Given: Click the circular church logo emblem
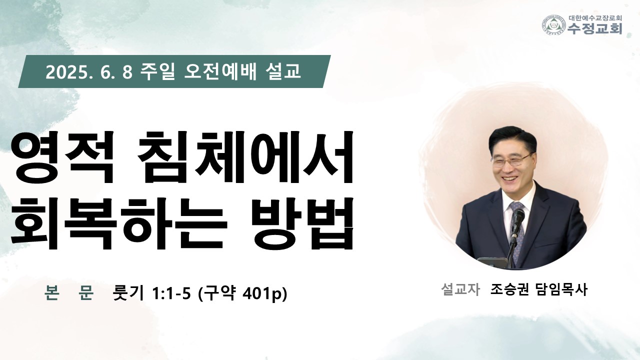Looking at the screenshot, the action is tap(554, 25).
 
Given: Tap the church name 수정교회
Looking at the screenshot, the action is tap(594, 29).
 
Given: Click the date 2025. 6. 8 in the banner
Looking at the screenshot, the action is tap(89, 72).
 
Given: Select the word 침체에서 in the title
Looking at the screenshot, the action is tap(245, 157).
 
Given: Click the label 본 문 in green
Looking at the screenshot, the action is tap(69, 293).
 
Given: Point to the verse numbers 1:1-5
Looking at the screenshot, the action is tap(171, 293).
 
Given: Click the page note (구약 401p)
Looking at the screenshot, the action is tap(242, 293).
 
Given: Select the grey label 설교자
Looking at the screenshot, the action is tap(460, 289).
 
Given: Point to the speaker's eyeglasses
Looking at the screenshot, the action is tap(511, 160).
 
